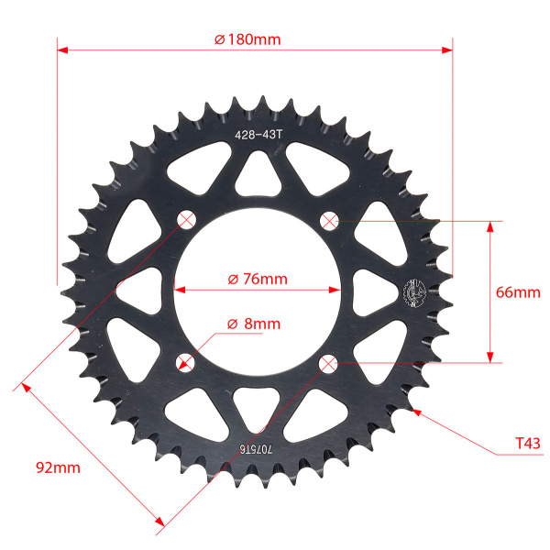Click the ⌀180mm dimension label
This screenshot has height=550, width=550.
pyautogui.click(x=247, y=39)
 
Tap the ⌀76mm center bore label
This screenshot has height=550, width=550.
pyautogui.click(x=258, y=280)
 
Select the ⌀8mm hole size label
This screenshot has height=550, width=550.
pyautogui.click(x=254, y=324)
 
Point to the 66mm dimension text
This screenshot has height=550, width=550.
pyautogui.click(x=518, y=292)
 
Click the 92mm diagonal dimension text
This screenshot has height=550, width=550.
pyautogui.click(x=58, y=467)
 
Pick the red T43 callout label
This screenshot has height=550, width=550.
pyautogui.click(x=528, y=444)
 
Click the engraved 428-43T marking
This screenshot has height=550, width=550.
pyautogui.click(x=258, y=135)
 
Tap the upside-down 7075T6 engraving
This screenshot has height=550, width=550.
pyautogui.click(x=256, y=448)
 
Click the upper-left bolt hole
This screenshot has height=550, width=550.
pyautogui.click(x=186, y=220)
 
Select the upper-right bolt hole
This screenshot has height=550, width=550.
pyautogui.click(x=329, y=221)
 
